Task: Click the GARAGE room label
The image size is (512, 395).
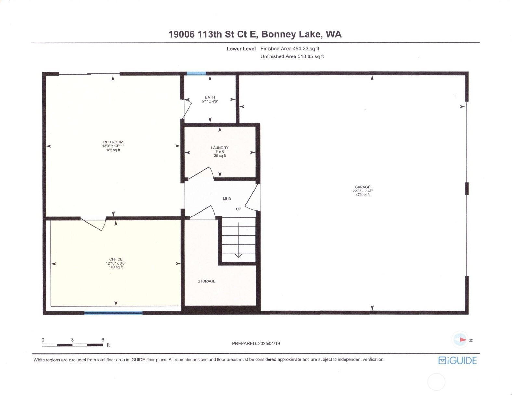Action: (362, 187)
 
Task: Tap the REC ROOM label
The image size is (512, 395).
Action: (113, 142)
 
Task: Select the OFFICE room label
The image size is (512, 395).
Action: (116, 259)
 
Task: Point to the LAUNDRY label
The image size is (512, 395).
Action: (220, 148)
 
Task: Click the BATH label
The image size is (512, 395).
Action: (210, 97)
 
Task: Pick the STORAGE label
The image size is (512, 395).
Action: (206, 281)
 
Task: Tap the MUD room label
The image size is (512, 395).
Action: (227, 199)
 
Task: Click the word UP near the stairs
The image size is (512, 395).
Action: (239, 209)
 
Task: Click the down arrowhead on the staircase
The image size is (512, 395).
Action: (239, 255)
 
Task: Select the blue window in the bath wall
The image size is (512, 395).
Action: (196, 73)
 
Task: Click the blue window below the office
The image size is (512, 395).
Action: (113, 313)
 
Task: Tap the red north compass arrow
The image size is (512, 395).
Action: (463, 340)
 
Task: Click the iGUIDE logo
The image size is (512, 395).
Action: (457, 360)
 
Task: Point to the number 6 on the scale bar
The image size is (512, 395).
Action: (103, 340)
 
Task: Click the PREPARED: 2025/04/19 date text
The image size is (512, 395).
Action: (256, 343)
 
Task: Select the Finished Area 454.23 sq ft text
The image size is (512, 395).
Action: (290, 49)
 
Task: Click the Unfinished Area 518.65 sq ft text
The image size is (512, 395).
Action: (292, 56)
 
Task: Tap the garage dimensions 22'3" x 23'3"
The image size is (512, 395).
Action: (362, 191)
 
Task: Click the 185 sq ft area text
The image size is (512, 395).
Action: (113, 150)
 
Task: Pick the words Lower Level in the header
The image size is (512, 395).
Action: (241, 49)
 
